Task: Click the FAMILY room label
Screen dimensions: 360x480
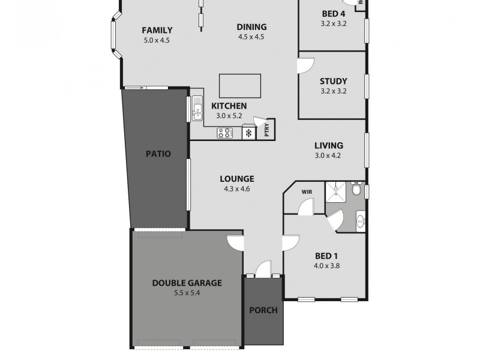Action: [x=157, y=31]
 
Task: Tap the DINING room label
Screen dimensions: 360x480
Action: [x=251, y=26]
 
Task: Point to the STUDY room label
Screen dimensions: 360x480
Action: [x=334, y=82]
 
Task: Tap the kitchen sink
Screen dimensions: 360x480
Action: [x=197, y=109]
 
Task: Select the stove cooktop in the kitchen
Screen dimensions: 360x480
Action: [x=225, y=133]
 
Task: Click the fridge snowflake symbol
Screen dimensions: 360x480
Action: [x=248, y=134]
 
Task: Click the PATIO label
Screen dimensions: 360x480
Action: [x=158, y=154]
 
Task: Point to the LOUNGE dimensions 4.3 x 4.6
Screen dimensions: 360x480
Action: [x=236, y=189]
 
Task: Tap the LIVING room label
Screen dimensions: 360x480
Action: [x=329, y=145]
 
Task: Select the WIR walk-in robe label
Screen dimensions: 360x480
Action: [x=307, y=193]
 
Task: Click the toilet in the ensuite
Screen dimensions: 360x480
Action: [x=356, y=190]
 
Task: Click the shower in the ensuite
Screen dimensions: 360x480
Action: [x=337, y=191]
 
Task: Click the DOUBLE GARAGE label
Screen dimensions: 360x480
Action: [x=187, y=283]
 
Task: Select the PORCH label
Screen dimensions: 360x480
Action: [x=263, y=310]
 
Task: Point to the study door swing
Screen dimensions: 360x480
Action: [x=306, y=64]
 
